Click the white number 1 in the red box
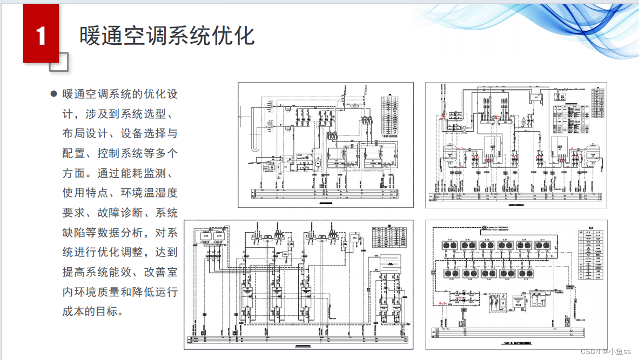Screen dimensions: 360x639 [x=41, y=36]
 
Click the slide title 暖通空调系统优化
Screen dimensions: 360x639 [x=167, y=36]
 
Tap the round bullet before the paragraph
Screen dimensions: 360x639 [x=53, y=94]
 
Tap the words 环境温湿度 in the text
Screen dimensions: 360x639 [x=149, y=193]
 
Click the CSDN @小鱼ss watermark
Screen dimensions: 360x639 [x=606, y=351]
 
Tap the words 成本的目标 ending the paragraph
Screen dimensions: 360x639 [x=93, y=311]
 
